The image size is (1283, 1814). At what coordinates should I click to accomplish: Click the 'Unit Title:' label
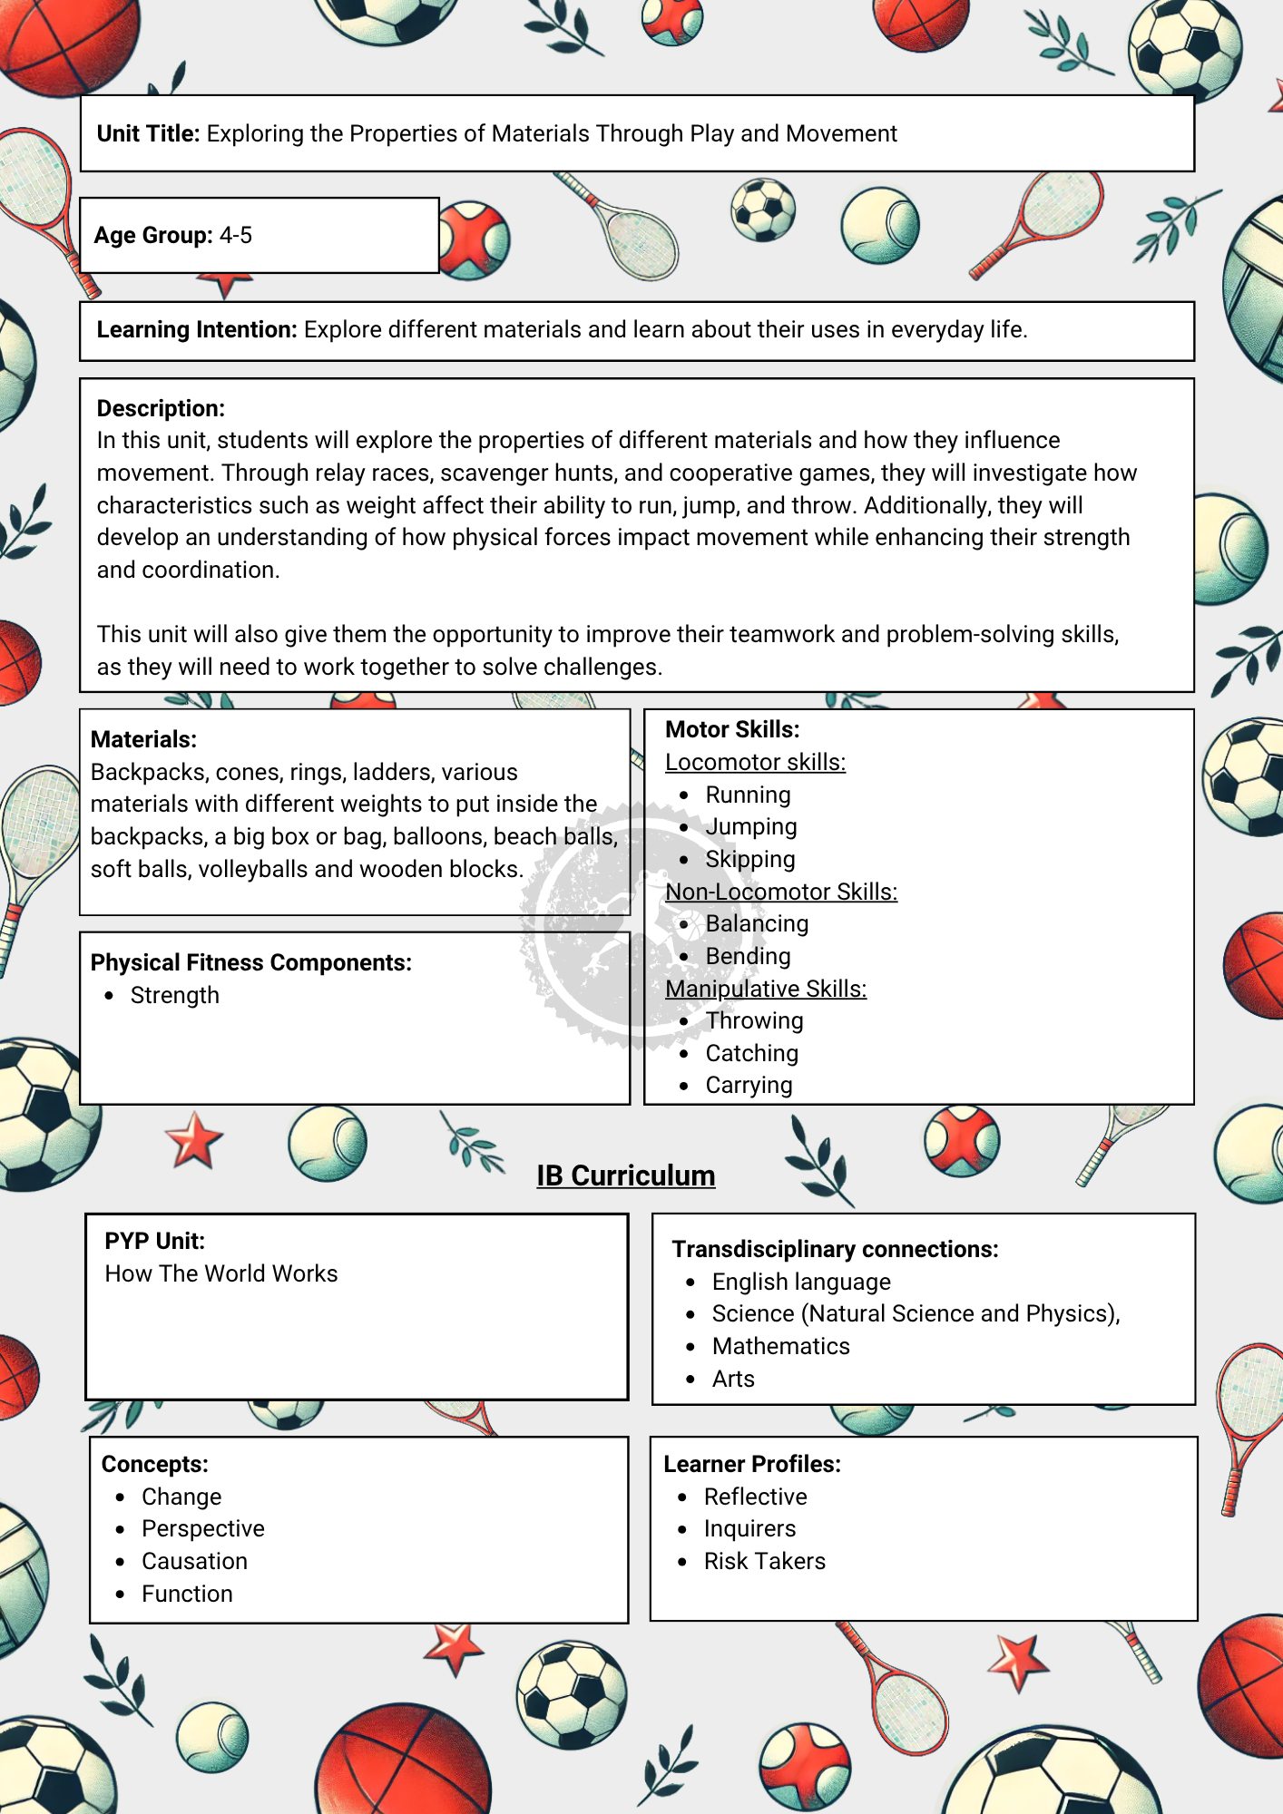148,133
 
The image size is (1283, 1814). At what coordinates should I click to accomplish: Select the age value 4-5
236,236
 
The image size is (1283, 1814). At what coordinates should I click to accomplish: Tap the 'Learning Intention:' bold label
197,329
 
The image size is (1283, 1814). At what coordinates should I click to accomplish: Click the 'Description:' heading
161,408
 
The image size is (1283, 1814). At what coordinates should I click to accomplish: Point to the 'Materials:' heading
143,739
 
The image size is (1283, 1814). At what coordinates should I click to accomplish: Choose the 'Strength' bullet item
175,995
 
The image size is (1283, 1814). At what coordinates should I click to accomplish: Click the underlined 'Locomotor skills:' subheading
755,762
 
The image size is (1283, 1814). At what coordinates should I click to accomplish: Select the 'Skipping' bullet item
750,859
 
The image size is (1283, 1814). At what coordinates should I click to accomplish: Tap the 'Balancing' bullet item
757,923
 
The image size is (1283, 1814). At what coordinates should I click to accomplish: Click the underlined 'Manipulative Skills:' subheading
766,989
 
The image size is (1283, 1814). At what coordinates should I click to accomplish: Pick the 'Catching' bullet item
752,1053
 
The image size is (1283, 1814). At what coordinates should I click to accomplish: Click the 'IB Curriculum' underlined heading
626,1175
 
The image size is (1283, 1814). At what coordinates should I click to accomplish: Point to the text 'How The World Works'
221,1273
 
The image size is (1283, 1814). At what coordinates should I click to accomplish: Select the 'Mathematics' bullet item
781,1346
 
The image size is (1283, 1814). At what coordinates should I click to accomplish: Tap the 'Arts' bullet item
733,1379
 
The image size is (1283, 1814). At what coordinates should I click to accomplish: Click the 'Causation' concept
194,1561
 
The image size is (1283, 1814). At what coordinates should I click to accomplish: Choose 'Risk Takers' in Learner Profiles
765,1561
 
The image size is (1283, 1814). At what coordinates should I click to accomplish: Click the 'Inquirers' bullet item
749,1528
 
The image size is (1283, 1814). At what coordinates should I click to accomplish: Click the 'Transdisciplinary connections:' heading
835,1249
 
